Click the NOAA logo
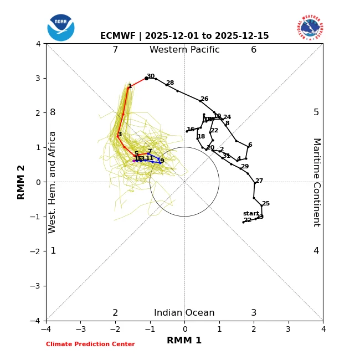pyautogui.click(x=61, y=28)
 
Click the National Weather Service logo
pyautogui.click(x=310, y=27)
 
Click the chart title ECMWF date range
pyautogui.click(x=184, y=36)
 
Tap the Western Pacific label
pyautogui.click(x=184, y=50)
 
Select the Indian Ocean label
pyautogui.click(x=184, y=313)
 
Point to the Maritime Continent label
pyautogui.click(x=316, y=182)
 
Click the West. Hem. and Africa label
pyautogui.click(x=53, y=182)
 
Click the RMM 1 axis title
pyautogui.click(x=184, y=341)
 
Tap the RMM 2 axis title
pyautogui.click(x=22, y=182)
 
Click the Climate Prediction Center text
pyautogui.click(x=90, y=344)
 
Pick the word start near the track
pyautogui.click(x=251, y=214)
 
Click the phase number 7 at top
pyautogui.click(x=115, y=50)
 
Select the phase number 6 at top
pyautogui.click(x=254, y=50)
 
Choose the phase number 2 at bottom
pyautogui.click(x=115, y=313)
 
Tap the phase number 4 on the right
pyautogui.click(x=316, y=251)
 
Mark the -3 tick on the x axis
pyautogui.click(x=81, y=330)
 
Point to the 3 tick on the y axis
pyautogui.click(x=38, y=78)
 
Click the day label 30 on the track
pyautogui.click(x=151, y=76)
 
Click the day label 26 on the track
pyautogui.click(x=204, y=99)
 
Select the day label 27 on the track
pyautogui.click(x=259, y=181)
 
